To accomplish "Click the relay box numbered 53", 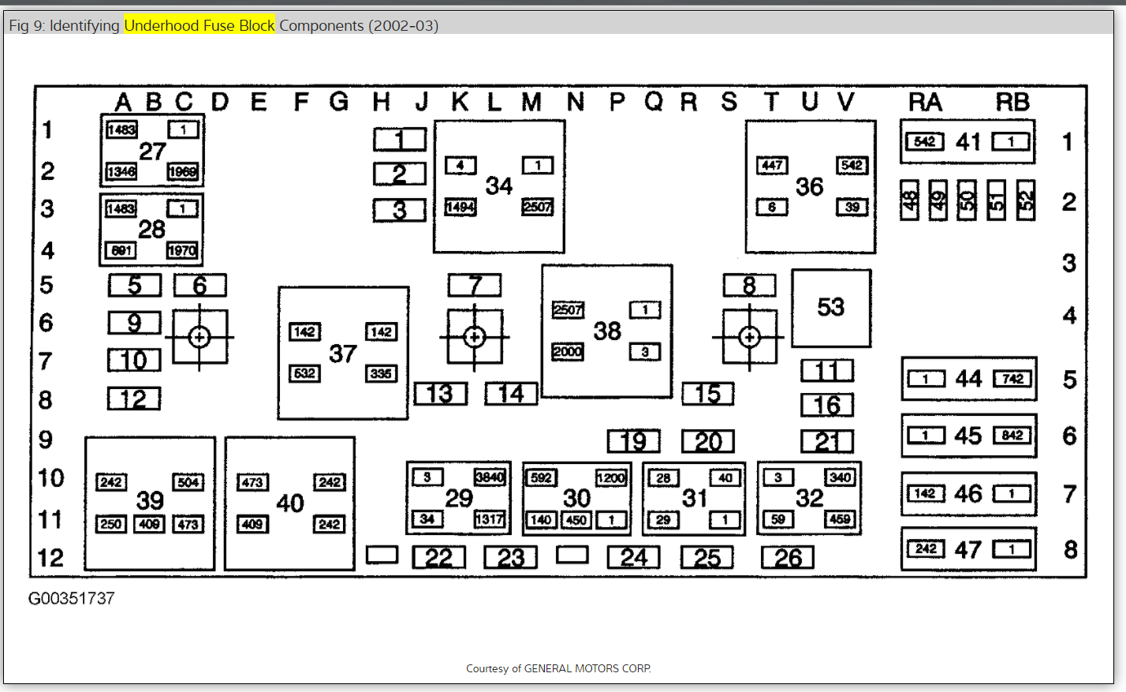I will point(831,308).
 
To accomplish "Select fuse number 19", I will point(633,441).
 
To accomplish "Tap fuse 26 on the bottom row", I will point(788,558).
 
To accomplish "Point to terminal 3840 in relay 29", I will point(490,477).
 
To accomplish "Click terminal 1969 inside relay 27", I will point(182,171).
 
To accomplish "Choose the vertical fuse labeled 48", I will point(910,200).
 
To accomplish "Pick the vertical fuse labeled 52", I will point(1026,200).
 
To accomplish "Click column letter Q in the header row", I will point(654,102).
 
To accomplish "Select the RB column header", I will point(1012,102).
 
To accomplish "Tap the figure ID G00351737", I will point(72,599).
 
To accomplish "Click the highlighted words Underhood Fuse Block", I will point(199,25).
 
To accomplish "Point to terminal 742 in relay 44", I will point(1012,379).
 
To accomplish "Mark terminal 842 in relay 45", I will point(1012,436).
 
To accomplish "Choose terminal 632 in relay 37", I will point(304,373).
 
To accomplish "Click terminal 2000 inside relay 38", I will point(568,352).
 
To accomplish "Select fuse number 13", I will point(440,393).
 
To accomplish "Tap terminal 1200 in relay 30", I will point(611,477).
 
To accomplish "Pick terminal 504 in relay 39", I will point(188,482).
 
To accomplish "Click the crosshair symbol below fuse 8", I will point(749,338).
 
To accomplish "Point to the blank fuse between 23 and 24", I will point(572,555).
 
